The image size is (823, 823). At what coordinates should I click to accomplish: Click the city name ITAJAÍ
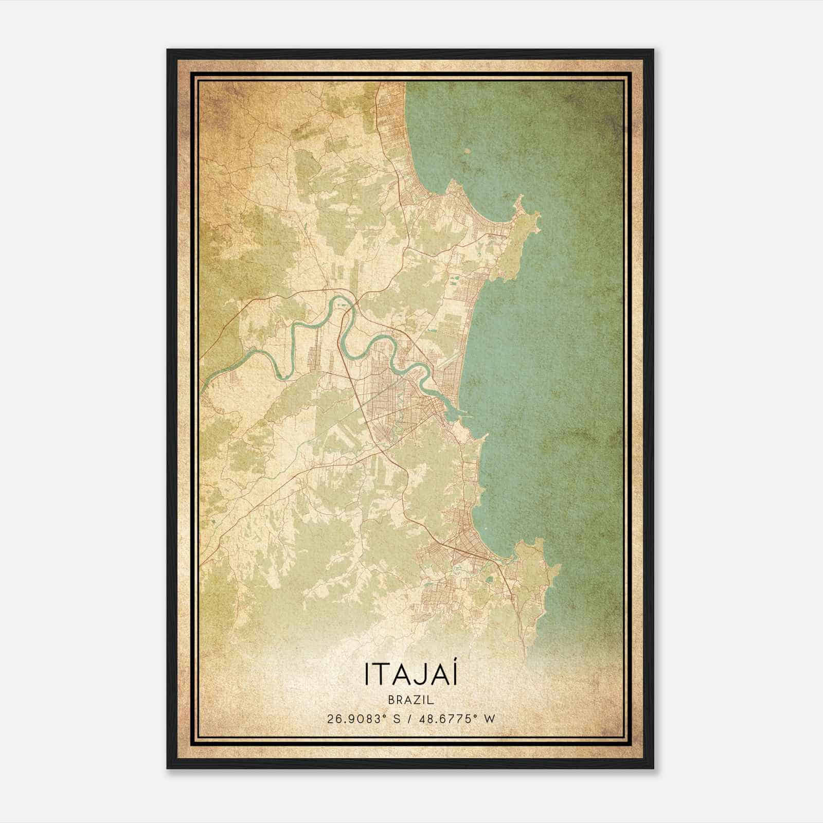pos(411,674)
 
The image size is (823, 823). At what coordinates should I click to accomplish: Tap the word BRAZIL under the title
pos(411,700)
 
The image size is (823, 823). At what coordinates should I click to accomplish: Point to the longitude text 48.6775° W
pos(459,719)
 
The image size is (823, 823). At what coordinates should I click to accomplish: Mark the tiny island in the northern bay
pos(467,151)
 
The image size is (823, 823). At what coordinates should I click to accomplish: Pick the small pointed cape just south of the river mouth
pos(484,437)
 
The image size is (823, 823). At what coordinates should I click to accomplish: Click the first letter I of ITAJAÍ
pos(367,674)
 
